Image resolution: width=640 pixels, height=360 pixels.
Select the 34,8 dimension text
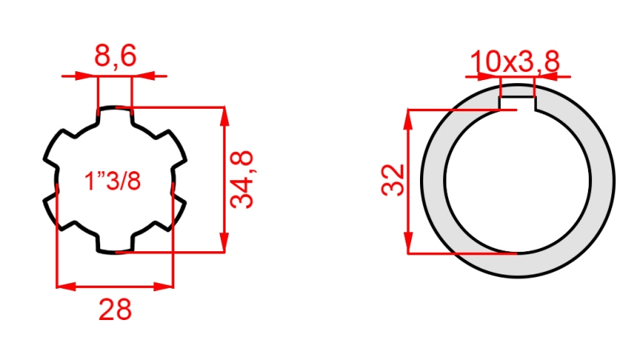(242, 179)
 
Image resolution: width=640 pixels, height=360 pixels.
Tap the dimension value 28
(114, 308)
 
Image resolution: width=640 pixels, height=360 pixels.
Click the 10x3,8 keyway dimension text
(514, 61)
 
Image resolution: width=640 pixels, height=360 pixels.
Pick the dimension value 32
(392, 181)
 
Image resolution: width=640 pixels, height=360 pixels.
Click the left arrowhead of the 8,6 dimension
(90, 77)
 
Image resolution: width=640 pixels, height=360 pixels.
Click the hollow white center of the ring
(517, 180)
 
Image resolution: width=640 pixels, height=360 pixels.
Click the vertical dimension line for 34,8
(225, 179)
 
